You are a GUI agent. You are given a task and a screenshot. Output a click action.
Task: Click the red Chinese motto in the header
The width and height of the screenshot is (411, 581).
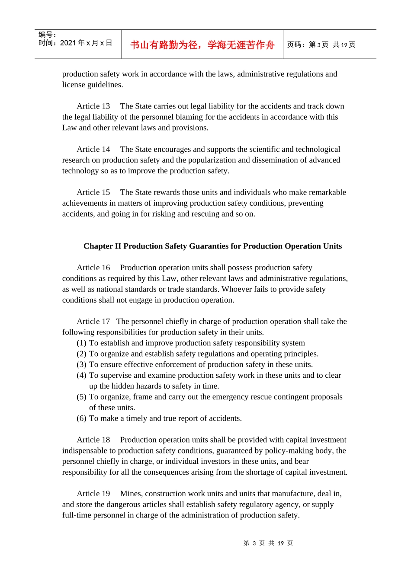(202, 45)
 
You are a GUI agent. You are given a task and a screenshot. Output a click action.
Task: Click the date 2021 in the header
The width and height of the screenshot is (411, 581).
(68, 43)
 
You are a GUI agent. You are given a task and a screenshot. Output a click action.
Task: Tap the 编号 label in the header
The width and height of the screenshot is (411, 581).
(47, 35)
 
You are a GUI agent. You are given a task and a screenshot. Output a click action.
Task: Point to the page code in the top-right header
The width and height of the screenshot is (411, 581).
(321, 45)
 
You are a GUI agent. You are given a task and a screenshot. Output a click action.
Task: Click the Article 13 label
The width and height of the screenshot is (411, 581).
(93, 106)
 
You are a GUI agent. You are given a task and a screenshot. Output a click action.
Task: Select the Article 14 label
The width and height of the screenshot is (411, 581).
(93, 150)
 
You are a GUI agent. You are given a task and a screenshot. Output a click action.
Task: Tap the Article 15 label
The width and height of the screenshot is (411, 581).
(93, 192)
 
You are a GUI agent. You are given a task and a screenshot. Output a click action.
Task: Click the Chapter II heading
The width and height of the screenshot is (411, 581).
(212, 246)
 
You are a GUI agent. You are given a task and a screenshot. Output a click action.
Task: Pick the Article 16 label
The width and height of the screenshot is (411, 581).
(93, 268)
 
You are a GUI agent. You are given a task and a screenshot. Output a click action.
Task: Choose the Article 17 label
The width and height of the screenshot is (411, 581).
(93, 322)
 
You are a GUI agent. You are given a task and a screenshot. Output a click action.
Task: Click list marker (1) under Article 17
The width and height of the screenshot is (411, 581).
(81, 343)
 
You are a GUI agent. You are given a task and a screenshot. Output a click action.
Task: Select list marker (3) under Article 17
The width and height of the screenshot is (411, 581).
(81, 365)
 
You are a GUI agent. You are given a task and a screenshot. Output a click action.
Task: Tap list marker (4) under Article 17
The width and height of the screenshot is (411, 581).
(81, 376)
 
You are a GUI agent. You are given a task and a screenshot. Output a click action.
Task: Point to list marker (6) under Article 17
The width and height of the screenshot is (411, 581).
(81, 418)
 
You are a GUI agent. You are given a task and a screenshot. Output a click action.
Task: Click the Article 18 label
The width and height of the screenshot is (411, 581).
(93, 440)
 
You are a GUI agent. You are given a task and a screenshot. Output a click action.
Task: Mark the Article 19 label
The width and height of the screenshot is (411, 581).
(93, 494)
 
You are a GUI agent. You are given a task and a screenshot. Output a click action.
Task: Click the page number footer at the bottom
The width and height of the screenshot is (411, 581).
(268, 543)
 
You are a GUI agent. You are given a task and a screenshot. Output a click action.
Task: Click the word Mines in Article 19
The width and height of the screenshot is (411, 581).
(131, 494)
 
